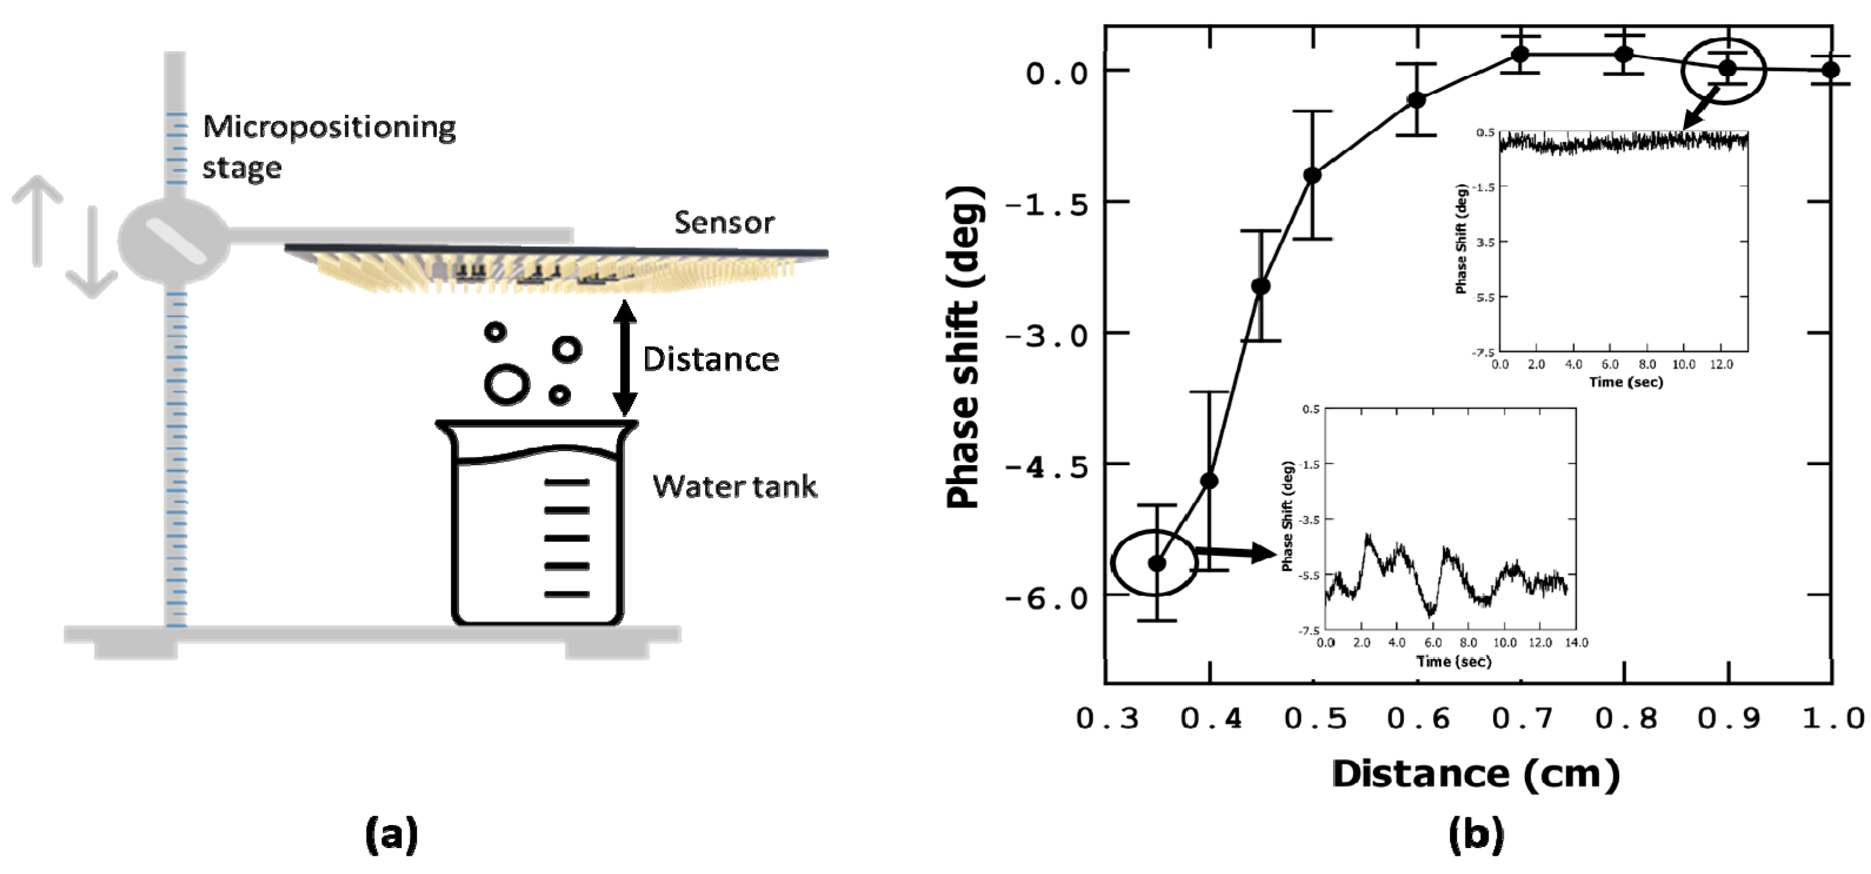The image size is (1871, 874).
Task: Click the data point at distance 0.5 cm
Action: pyautogui.click(x=1312, y=175)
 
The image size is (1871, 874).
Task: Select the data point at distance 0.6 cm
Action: pyautogui.click(x=1416, y=100)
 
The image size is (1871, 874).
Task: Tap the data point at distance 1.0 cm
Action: pyautogui.click(x=1831, y=69)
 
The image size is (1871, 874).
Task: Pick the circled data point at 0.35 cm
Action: pyautogui.click(x=1157, y=563)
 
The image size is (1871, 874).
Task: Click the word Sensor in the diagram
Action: pyautogui.click(x=723, y=223)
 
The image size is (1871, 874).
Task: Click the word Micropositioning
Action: pyautogui.click(x=329, y=127)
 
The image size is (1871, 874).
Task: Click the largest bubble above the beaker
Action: pyautogui.click(x=506, y=385)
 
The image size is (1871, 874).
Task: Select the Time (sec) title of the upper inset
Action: pyautogui.click(x=1626, y=382)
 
